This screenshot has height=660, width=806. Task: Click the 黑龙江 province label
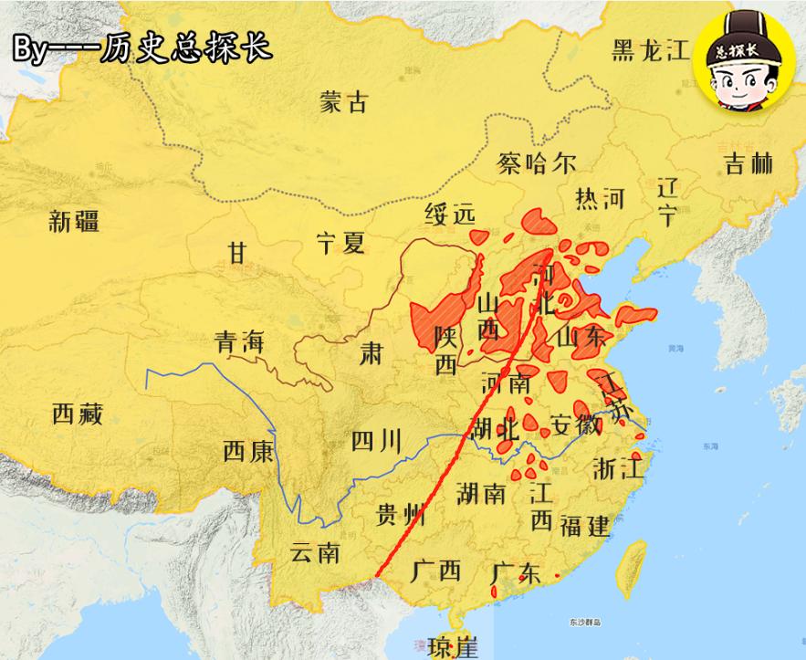click(x=650, y=50)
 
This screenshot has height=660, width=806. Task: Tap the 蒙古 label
click(x=344, y=102)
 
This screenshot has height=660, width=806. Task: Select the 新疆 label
click(x=75, y=220)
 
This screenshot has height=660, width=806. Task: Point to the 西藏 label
click(x=77, y=414)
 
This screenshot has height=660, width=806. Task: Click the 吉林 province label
click(x=748, y=163)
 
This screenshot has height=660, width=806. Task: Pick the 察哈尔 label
click(x=537, y=163)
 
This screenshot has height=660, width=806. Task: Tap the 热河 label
click(x=600, y=198)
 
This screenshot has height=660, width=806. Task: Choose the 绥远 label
click(x=450, y=215)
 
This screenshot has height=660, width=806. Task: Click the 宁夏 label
click(x=340, y=242)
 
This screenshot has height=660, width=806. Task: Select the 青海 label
click(x=239, y=342)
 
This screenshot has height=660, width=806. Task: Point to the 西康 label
click(x=247, y=450)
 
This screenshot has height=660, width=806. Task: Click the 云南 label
click(x=315, y=552)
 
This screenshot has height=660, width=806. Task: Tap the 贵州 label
click(x=401, y=515)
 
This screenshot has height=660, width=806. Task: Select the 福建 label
click(x=585, y=525)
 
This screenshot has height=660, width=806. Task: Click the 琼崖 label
click(x=454, y=647)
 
